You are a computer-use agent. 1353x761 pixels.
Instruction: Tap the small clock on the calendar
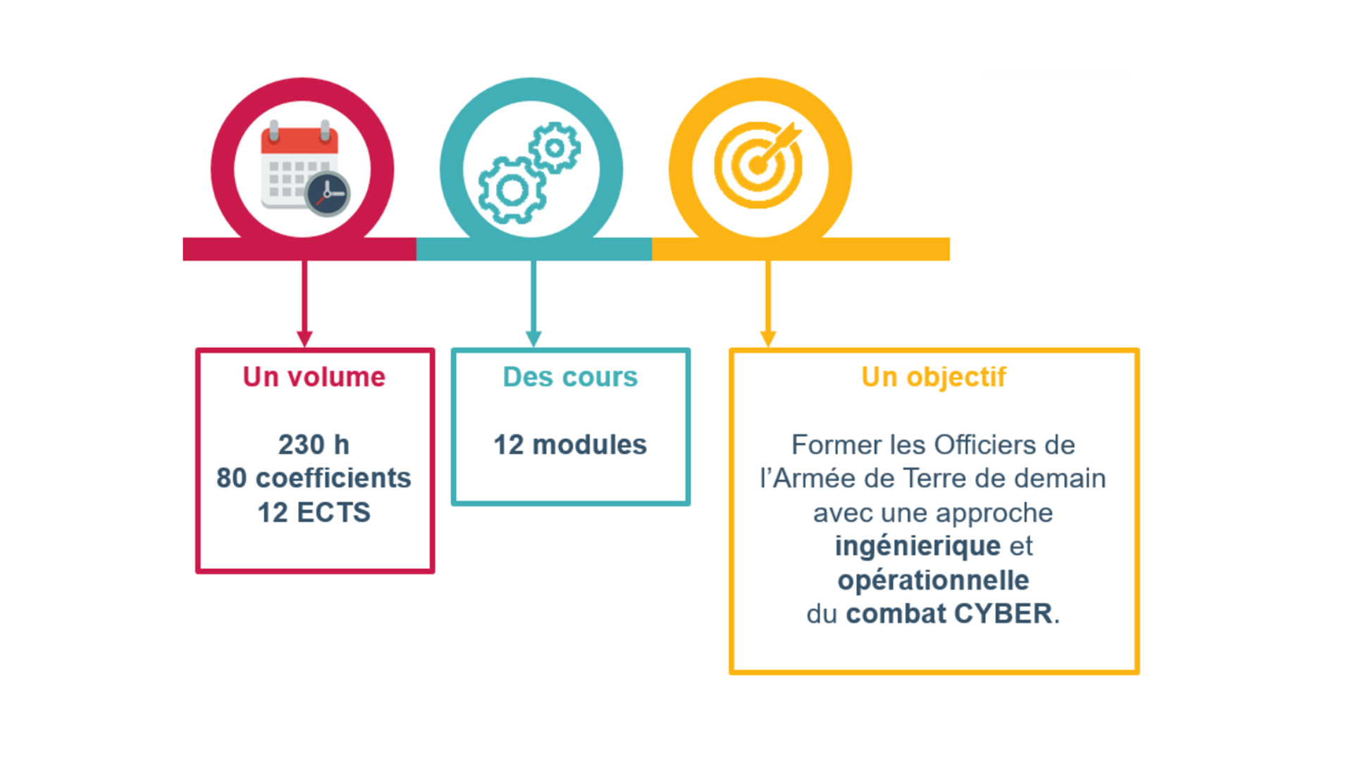(328, 194)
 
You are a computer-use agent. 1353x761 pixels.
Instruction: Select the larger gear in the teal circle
(512, 190)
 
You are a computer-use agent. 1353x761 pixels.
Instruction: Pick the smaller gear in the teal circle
(555, 148)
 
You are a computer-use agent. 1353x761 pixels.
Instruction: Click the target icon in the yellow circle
(758, 165)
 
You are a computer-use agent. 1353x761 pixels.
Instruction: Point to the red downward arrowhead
(304, 339)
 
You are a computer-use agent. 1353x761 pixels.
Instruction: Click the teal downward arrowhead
(533, 339)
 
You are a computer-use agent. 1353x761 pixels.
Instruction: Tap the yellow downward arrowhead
(768, 339)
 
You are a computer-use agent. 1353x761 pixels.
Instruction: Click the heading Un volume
(314, 377)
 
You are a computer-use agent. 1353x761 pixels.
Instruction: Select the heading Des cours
(570, 377)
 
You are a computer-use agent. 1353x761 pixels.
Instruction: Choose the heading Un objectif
(934, 378)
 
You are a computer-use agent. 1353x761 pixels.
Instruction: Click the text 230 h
(314, 445)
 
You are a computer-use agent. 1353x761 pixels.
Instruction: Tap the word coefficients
(333, 478)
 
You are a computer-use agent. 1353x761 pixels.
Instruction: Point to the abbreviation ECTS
(333, 512)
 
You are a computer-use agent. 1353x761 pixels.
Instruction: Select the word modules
(589, 445)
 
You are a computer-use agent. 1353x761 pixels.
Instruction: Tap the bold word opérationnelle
(933, 581)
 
